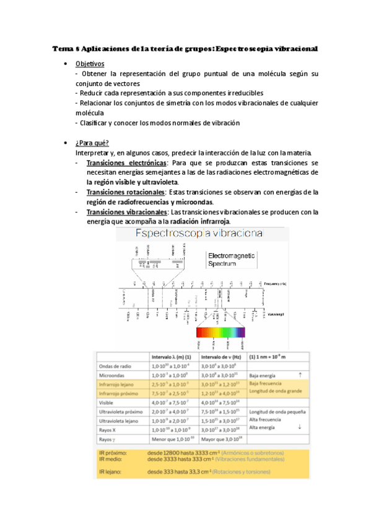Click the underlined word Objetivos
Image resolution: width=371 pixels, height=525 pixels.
[x=90, y=64]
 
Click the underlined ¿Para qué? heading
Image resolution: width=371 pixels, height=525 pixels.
[x=92, y=143]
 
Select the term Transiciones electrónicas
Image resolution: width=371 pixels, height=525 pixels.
[x=119, y=163]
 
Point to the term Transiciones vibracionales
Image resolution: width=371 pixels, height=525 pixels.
[x=120, y=212]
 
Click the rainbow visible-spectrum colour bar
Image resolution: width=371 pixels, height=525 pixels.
[x=220, y=332]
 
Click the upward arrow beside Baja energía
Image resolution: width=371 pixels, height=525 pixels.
[x=300, y=375]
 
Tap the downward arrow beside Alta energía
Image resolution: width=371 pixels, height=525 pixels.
[x=300, y=427]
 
